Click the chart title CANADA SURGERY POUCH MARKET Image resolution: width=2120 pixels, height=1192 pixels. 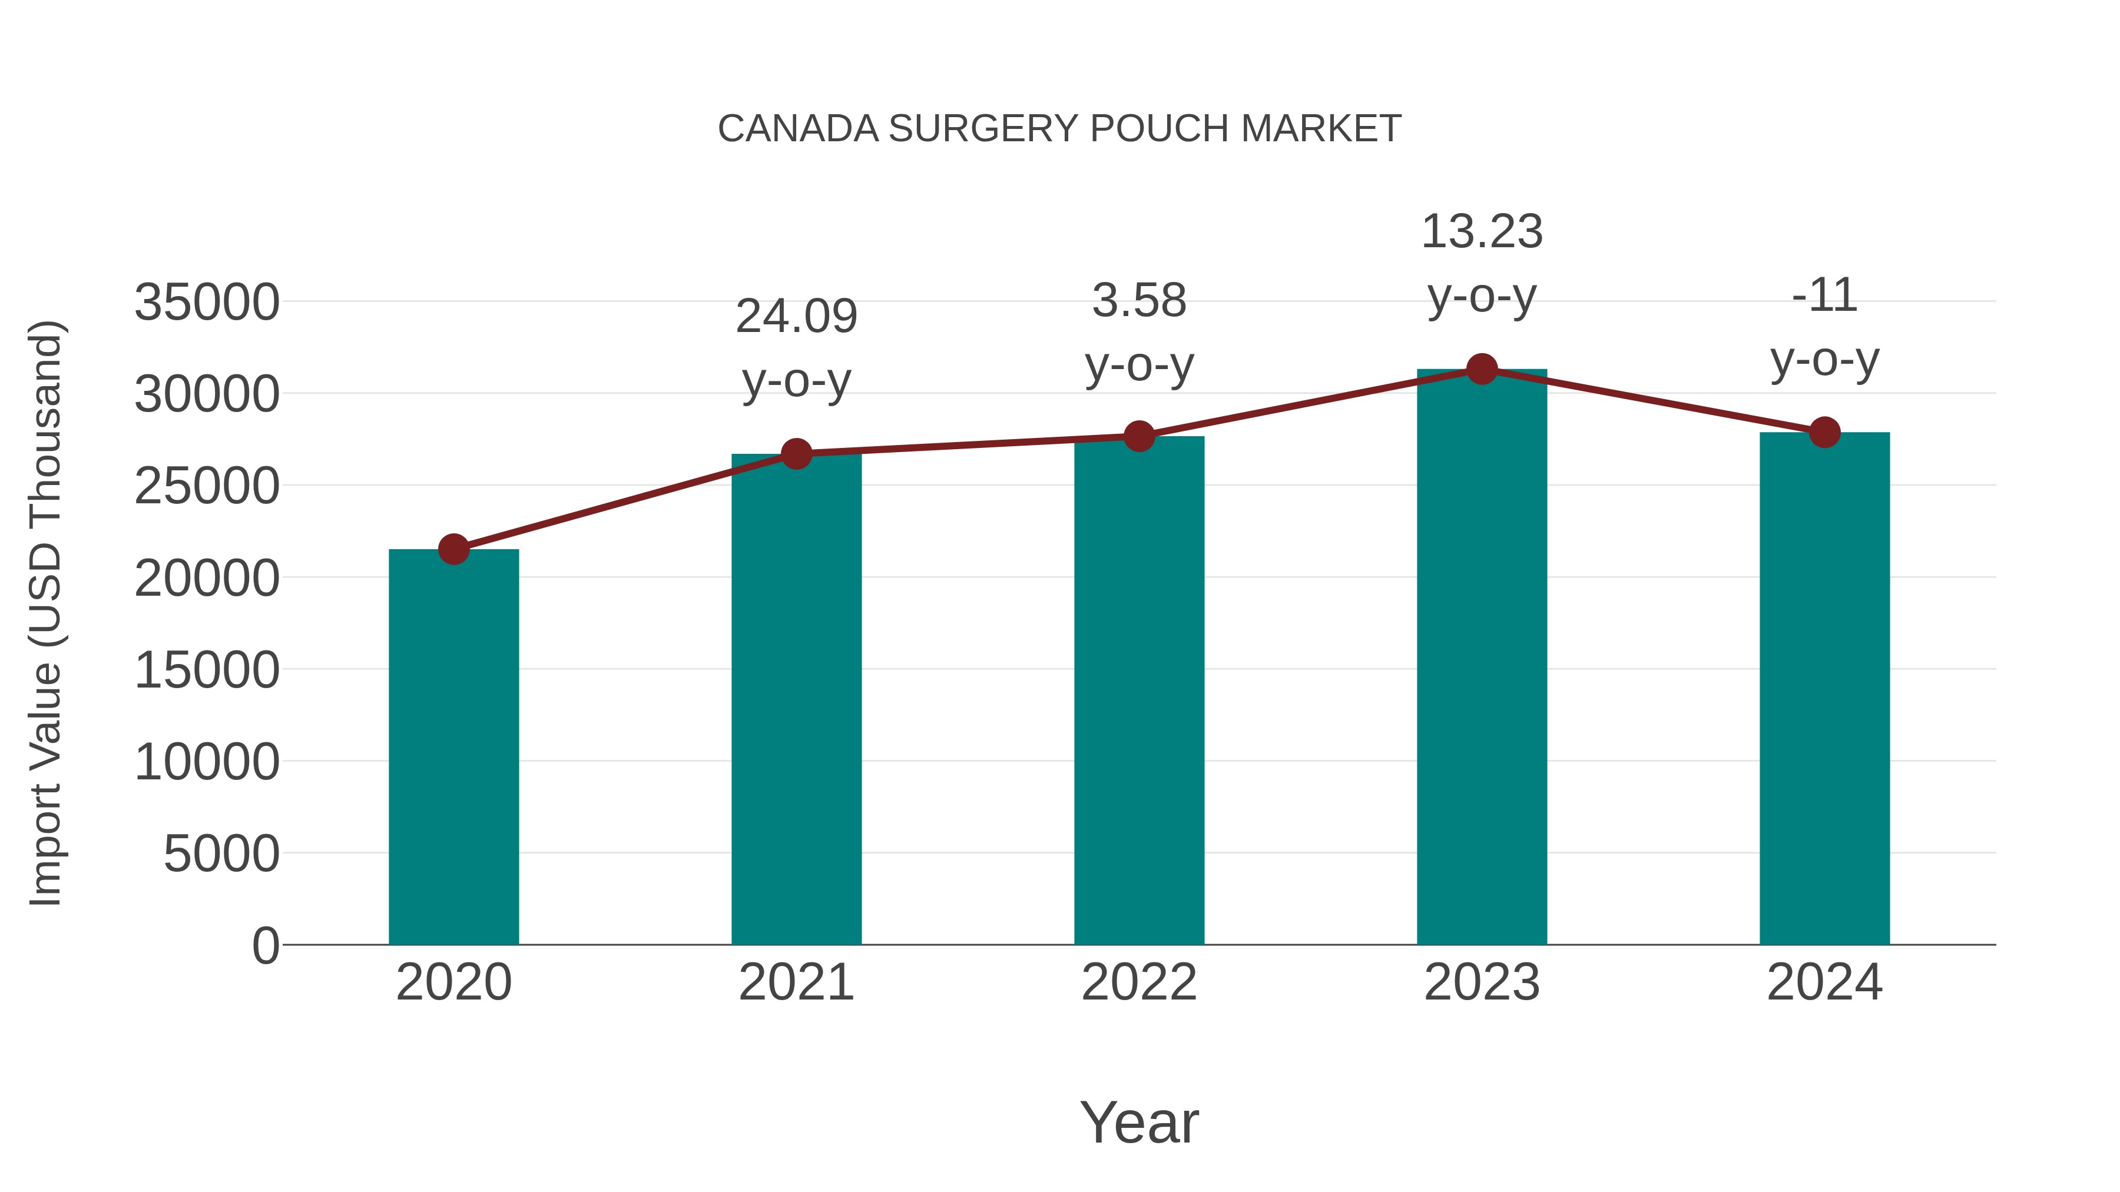(1059, 129)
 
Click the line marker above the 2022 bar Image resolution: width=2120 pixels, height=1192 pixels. (1139, 436)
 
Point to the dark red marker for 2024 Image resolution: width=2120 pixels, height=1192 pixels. (1824, 432)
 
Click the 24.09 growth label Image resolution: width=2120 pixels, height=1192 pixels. (796, 317)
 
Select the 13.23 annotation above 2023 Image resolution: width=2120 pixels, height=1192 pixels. (1482, 232)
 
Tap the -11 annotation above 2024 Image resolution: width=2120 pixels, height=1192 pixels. (1824, 295)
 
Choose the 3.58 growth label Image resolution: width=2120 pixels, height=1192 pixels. (1139, 300)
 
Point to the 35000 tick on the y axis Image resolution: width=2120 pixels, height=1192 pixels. (207, 302)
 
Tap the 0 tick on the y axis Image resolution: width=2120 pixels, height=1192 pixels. (265, 945)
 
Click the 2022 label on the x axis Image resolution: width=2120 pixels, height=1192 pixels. (1139, 982)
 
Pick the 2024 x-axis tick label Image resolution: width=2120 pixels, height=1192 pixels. (1824, 982)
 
